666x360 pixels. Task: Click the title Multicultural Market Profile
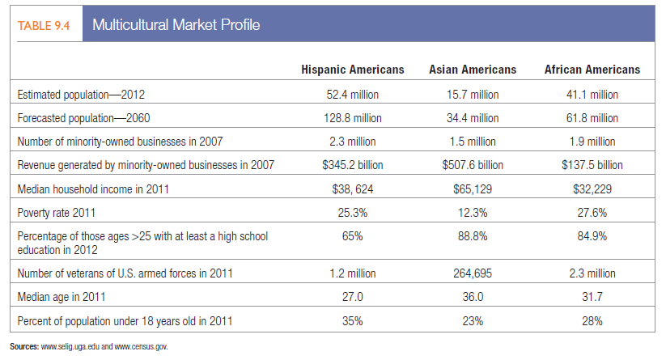point(176,25)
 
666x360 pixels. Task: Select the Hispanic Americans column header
point(352,70)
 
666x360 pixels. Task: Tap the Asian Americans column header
point(473,70)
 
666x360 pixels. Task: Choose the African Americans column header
point(592,70)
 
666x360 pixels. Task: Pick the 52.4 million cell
point(352,95)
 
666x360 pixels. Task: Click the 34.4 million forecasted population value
point(473,118)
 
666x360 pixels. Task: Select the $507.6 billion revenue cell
point(473,165)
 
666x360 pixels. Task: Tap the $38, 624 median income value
point(352,188)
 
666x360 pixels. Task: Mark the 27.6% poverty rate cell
point(592,213)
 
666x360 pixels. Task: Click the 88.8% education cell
point(473,237)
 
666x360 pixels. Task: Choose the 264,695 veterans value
point(473,273)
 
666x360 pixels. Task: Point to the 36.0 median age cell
point(473,297)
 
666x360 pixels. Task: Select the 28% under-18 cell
point(592,321)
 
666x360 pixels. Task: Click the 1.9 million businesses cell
point(592,142)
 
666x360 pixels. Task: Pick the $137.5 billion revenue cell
point(592,165)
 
